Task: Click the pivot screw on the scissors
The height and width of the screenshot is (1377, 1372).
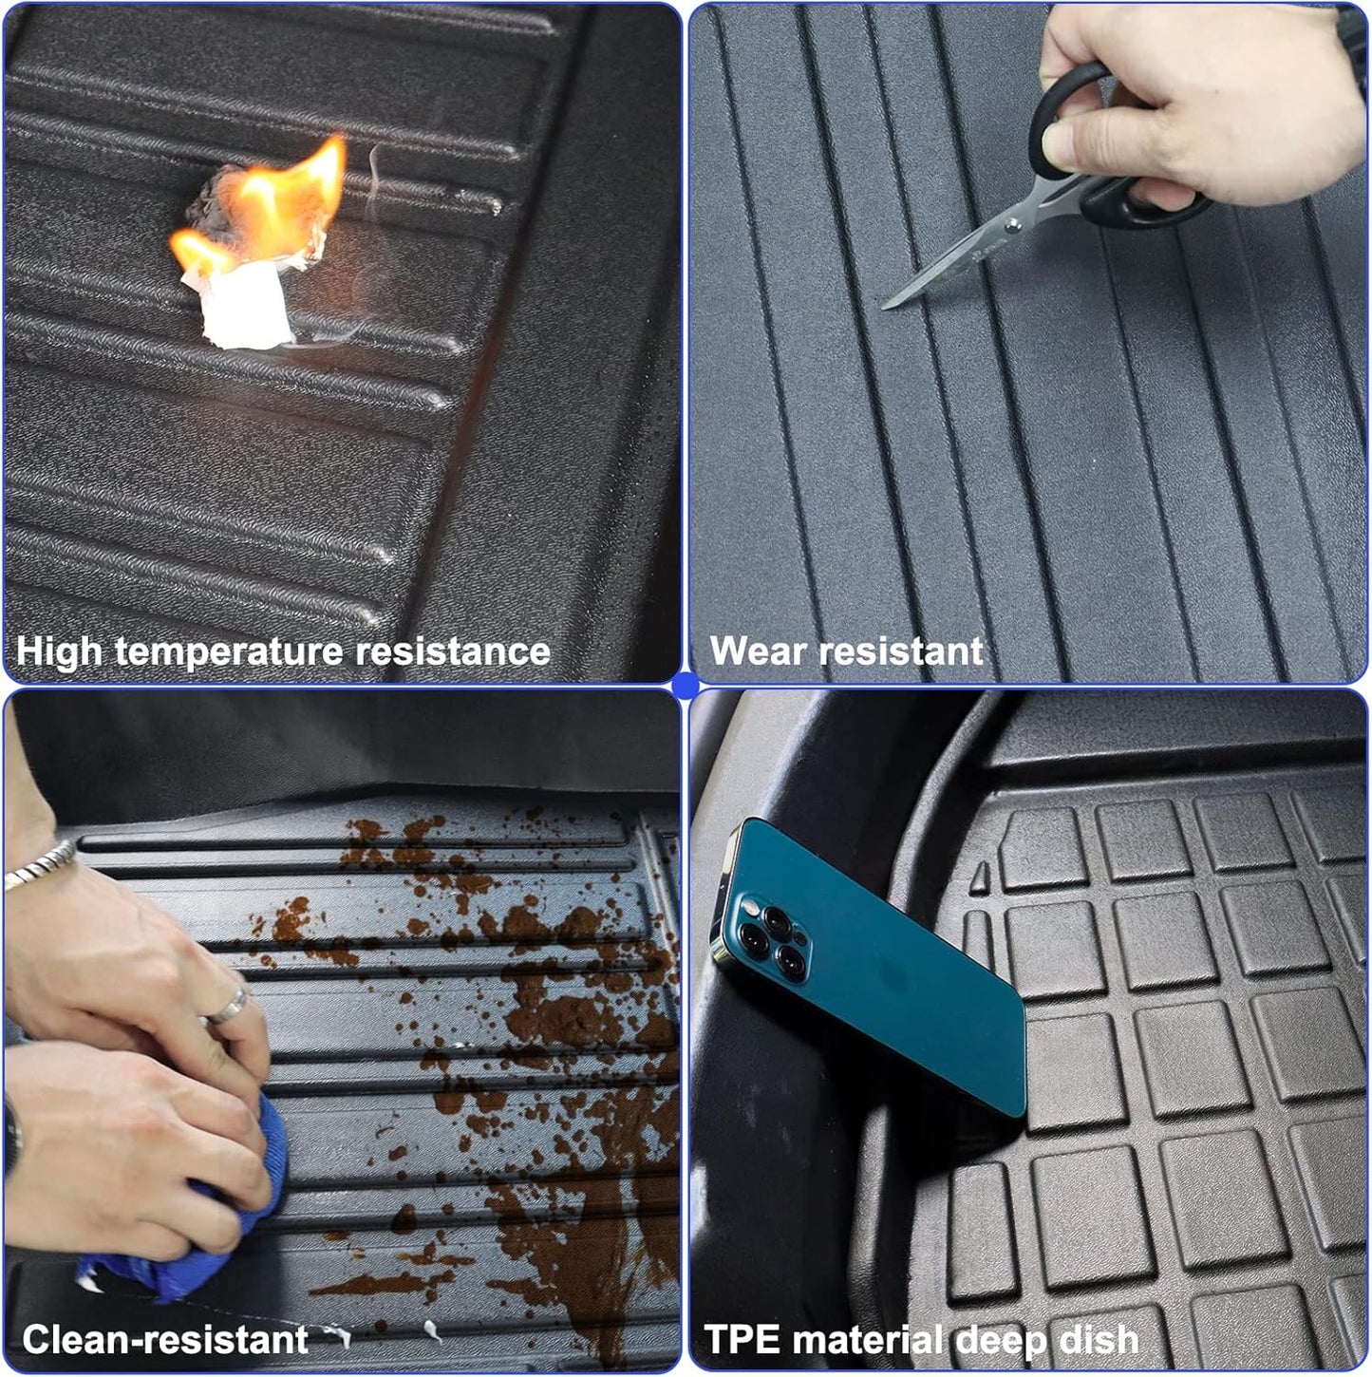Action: [x=1014, y=225]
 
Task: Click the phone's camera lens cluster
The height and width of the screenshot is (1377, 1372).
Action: [x=774, y=940]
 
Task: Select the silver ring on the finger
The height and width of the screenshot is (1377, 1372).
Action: [x=226, y=1009]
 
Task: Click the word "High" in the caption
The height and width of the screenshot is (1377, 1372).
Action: [x=59, y=652]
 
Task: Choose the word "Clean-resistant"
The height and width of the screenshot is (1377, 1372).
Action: [x=165, y=1340]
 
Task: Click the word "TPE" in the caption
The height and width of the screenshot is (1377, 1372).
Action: [x=742, y=1340]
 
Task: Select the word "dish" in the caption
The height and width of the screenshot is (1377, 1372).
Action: [x=1099, y=1340]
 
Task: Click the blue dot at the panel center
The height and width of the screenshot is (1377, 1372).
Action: [x=686, y=686]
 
